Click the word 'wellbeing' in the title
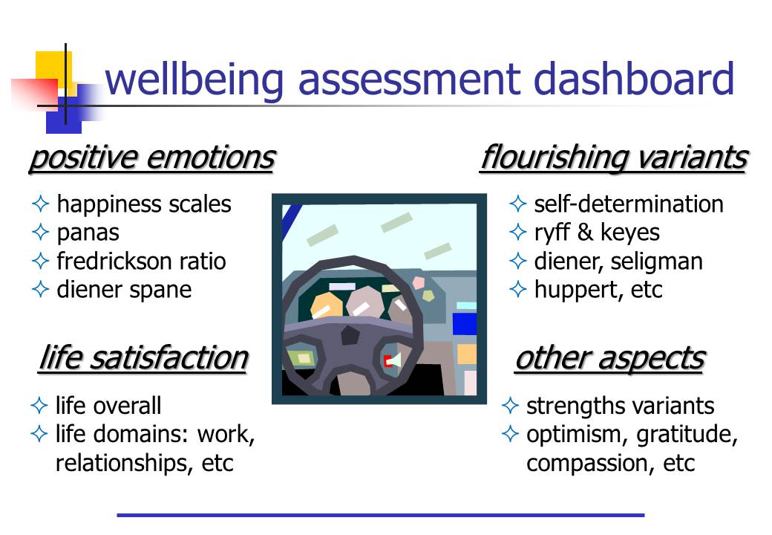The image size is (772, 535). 194,79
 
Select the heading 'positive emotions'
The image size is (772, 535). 152,158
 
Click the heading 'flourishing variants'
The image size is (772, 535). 614,158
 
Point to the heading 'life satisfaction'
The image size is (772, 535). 143,358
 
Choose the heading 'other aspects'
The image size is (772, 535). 610,358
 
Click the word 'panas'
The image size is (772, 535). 88,233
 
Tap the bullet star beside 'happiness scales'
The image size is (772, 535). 40,204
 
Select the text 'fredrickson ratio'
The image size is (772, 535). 141,261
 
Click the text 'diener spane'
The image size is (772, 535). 124,290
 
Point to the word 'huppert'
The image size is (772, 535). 575,290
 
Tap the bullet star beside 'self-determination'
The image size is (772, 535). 517,204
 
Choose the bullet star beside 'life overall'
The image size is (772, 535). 39,406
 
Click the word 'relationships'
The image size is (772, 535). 123,463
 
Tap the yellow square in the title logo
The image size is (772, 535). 53,69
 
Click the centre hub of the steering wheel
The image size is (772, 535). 350,335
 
